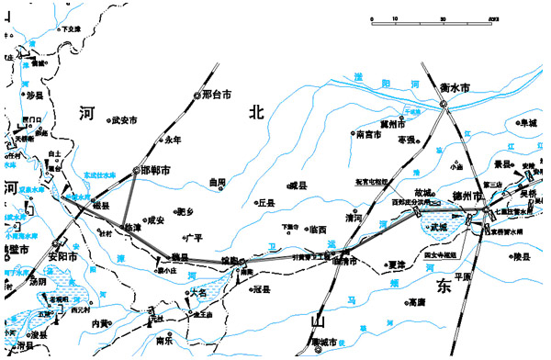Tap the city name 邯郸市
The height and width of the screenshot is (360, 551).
click(157, 171)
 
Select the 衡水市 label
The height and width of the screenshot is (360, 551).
click(454, 87)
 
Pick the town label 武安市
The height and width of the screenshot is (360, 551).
click(124, 120)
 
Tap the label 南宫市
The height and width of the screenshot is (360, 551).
click(370, 134)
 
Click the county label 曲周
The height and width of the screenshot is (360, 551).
click(217, 183)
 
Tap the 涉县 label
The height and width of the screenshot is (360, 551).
click(34, 95)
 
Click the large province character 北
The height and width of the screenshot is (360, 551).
click(256, 112)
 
